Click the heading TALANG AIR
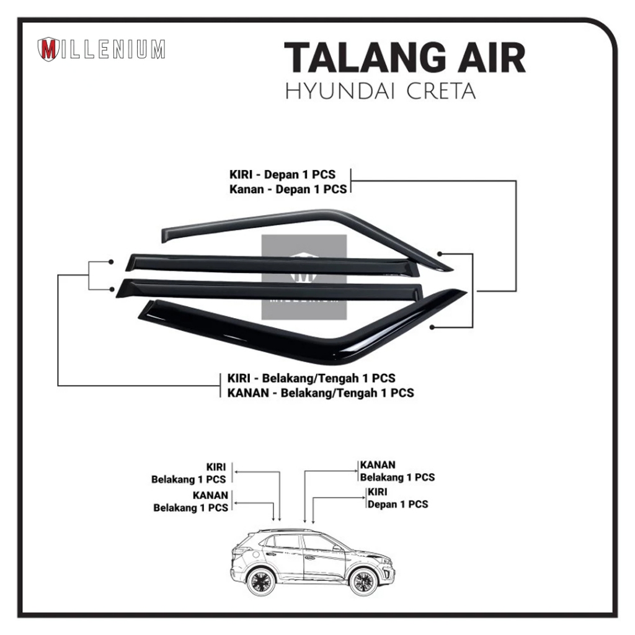[404, 59]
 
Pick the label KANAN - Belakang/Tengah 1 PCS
[317, 393]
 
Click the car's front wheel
[363, 582]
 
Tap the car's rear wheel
[260, 582]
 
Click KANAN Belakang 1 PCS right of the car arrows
[397, 471]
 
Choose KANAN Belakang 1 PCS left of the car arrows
[190, 501]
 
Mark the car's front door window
[321, 543]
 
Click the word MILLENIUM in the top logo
[113, 50]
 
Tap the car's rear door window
[286, 541]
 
